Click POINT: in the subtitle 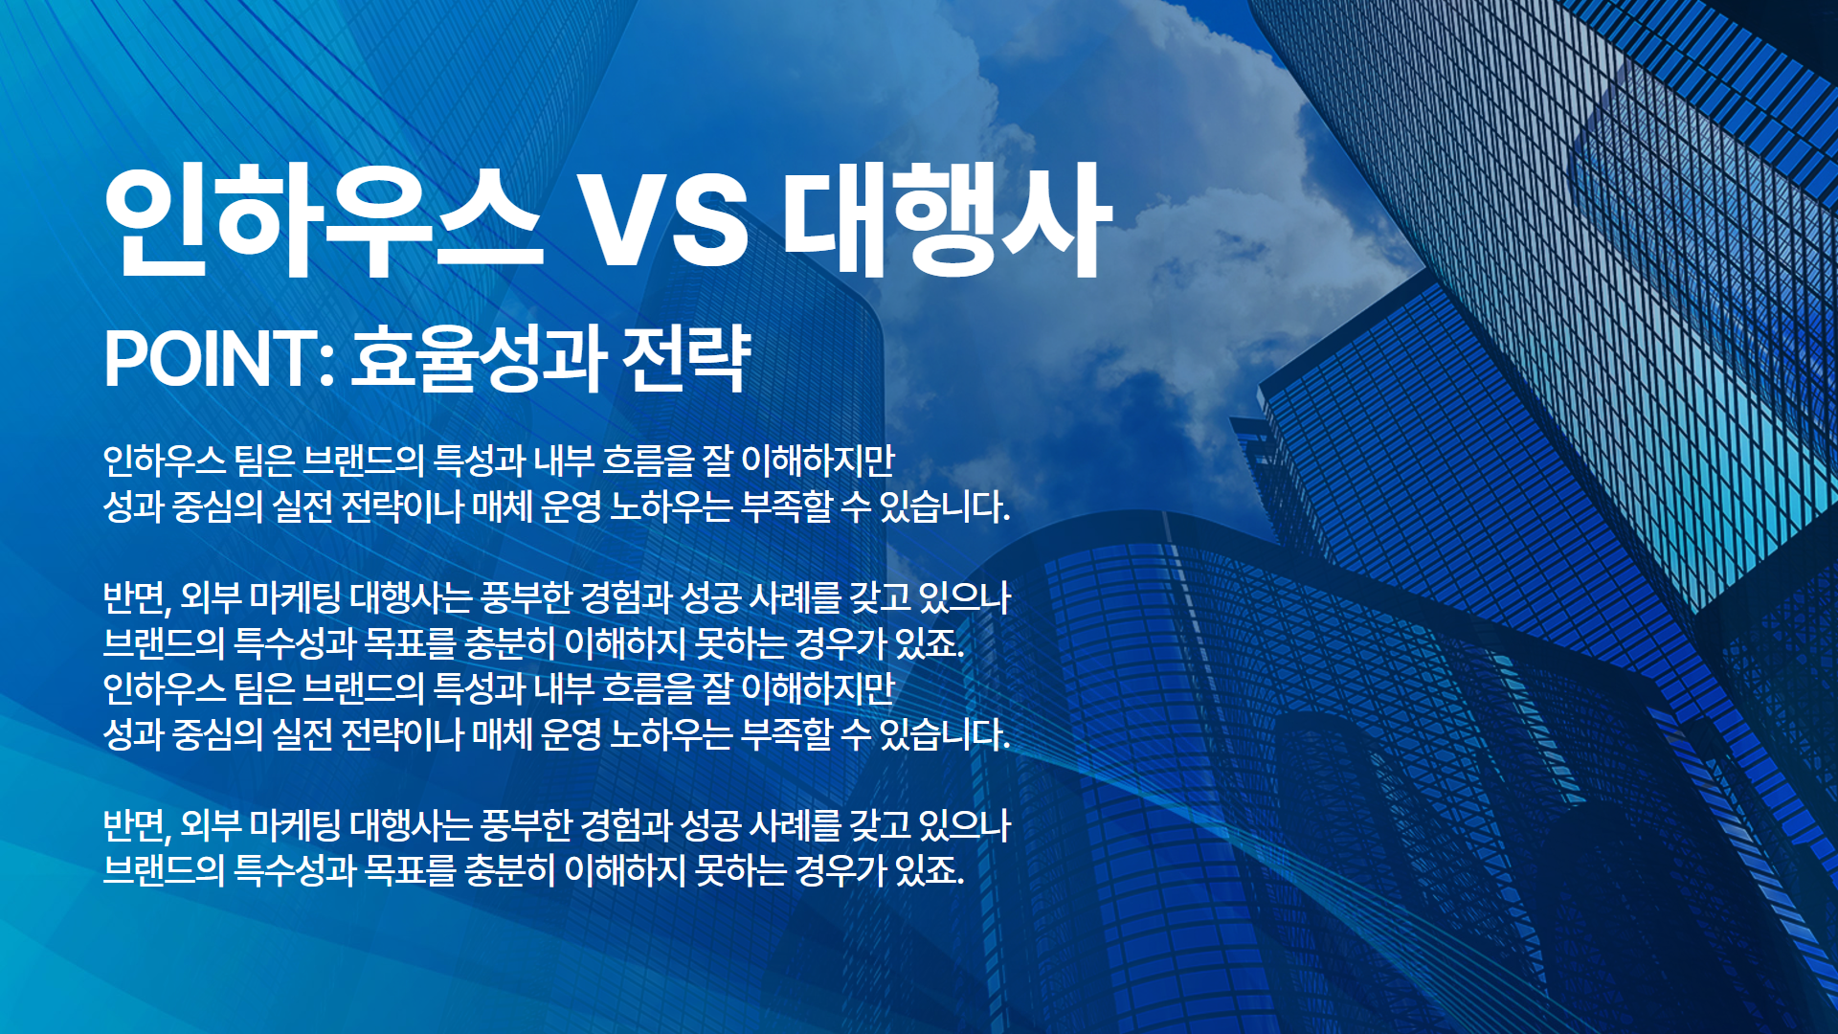(219, 359)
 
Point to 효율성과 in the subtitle (479, 359)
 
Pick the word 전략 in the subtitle (686, 359)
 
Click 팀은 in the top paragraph (264, 461)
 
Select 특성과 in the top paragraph (479, 461)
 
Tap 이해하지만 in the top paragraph (818, 461)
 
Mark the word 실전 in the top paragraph (302, 506)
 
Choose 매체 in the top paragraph (502, 506)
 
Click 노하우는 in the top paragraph (671, 506)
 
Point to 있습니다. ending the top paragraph (944, 506)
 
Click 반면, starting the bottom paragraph (137, 825)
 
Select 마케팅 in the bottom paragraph (295, 825)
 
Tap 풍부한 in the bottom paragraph (526, 825)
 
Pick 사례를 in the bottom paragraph (795, 825)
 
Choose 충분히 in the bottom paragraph (509, 870)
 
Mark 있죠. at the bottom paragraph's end (929, 870)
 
